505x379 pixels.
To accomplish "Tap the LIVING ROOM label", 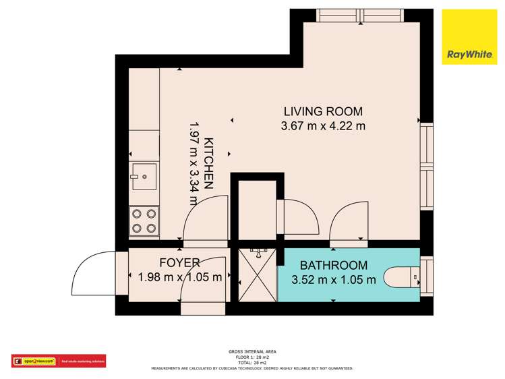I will pyautogui.click(x=323, y=111).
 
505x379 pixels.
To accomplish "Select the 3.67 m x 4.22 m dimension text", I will pyautogui.click(x=323, y=125).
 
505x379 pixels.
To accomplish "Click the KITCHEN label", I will pyautogui.click(x=209, y=163).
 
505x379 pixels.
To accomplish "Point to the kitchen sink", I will pyautogui.click(x=144, y=176).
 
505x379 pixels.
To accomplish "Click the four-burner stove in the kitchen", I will pyautogui.click(x=144, y=221).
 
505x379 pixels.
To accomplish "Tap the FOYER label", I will pyautogui.click(x=179, y=262).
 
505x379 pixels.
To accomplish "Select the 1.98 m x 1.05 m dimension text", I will pyautogui.click(x=179, y=276).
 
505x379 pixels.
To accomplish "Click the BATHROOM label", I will pyautogui.click(x=334, y=265).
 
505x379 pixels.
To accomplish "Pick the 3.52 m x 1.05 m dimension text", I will pyautogui.click(x=334, y=279).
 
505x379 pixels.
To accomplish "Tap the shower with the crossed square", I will pyautogui.click(x=257, y=275).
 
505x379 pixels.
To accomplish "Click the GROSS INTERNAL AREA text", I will pyautogui.click(x=252, y=352).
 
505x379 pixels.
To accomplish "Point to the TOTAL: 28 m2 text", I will pyautogui.click(x=252, y=363).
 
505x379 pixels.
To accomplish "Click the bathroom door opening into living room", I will pyautogui.click(x=349, y=223).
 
